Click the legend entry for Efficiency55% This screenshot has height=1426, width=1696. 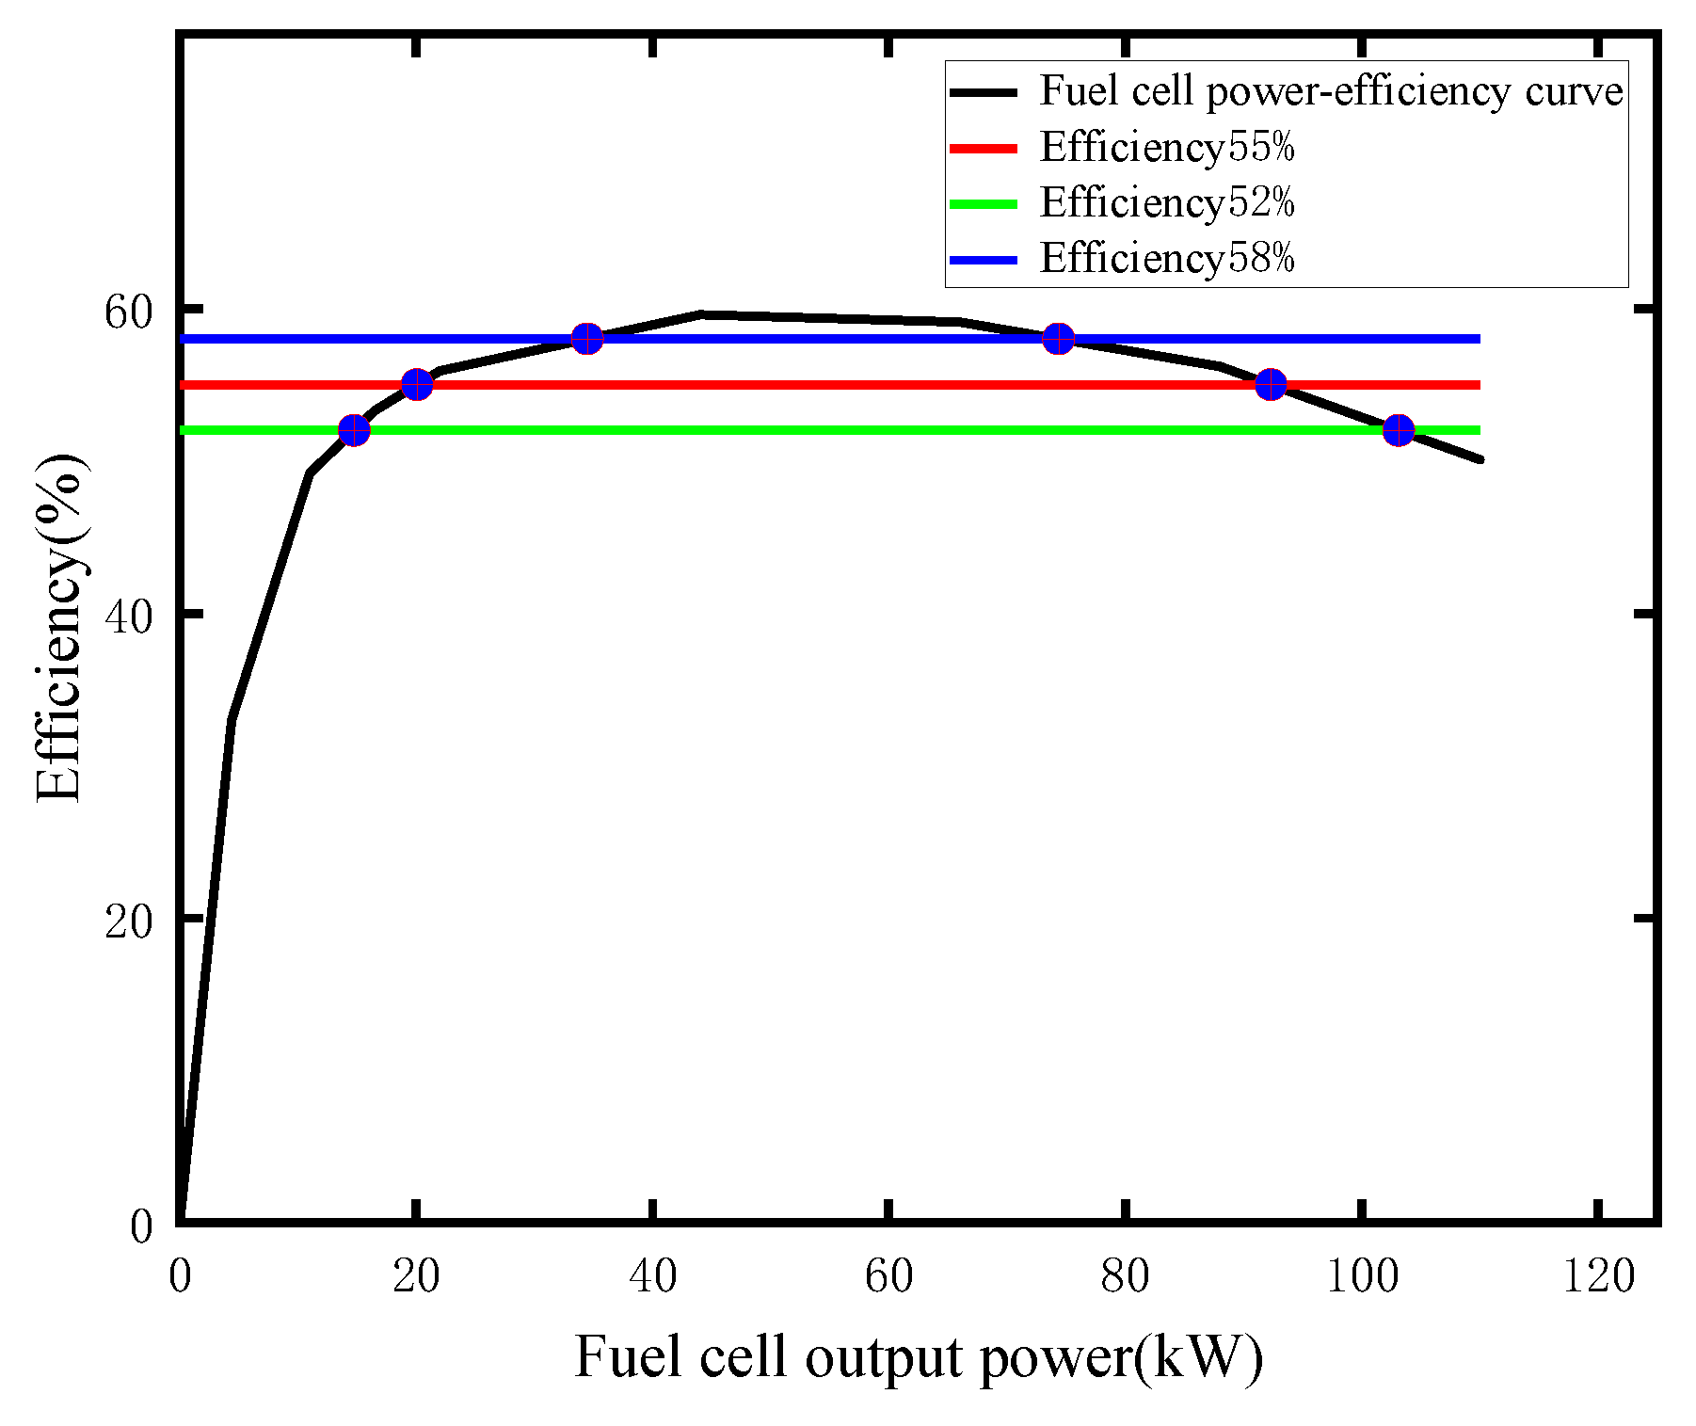(1167, 148)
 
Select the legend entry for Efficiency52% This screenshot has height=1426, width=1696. (1167, 203)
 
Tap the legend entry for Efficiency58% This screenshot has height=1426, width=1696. (1167, 258)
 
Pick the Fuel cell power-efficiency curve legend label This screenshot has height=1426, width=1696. (1331, 91)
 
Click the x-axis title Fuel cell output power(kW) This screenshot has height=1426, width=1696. (918, 1357)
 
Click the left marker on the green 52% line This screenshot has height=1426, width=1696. (354, 430)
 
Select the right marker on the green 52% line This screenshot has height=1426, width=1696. (1399, 430)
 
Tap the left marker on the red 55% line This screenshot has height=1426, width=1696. (417, 384)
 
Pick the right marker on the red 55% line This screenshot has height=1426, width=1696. (1271, 384)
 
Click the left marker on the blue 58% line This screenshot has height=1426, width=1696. (587, 338)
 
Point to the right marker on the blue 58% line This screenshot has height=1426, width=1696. (1059, 338)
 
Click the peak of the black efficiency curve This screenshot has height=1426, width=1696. (701, 313)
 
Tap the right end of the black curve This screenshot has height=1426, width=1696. (1480, 459)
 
